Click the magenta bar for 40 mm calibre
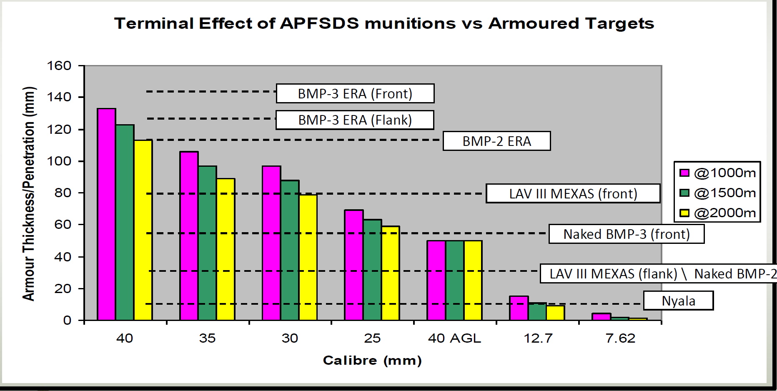tap(106, 215)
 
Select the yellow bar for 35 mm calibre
tap(226, 250)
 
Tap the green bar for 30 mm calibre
tap(290, 250)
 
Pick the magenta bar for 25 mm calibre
tap(353, 265)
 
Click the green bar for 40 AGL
tap(454, 281)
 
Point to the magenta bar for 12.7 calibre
tap(519, 308)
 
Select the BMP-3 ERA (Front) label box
tap(355, 93)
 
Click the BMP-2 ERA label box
tap(496, 141)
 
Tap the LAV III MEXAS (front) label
tap(573, 193)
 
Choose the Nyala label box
tap(678, 301)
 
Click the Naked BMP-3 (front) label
tap(626, 234)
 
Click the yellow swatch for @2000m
tap(684, 213)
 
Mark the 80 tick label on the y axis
tap(63, 193)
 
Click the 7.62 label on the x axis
tap(620, 338)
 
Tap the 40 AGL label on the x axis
tap(454, 338)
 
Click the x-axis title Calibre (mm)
tap(372, 360)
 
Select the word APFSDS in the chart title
tap(319, 23)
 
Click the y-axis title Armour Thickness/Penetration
tap(29, 194)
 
